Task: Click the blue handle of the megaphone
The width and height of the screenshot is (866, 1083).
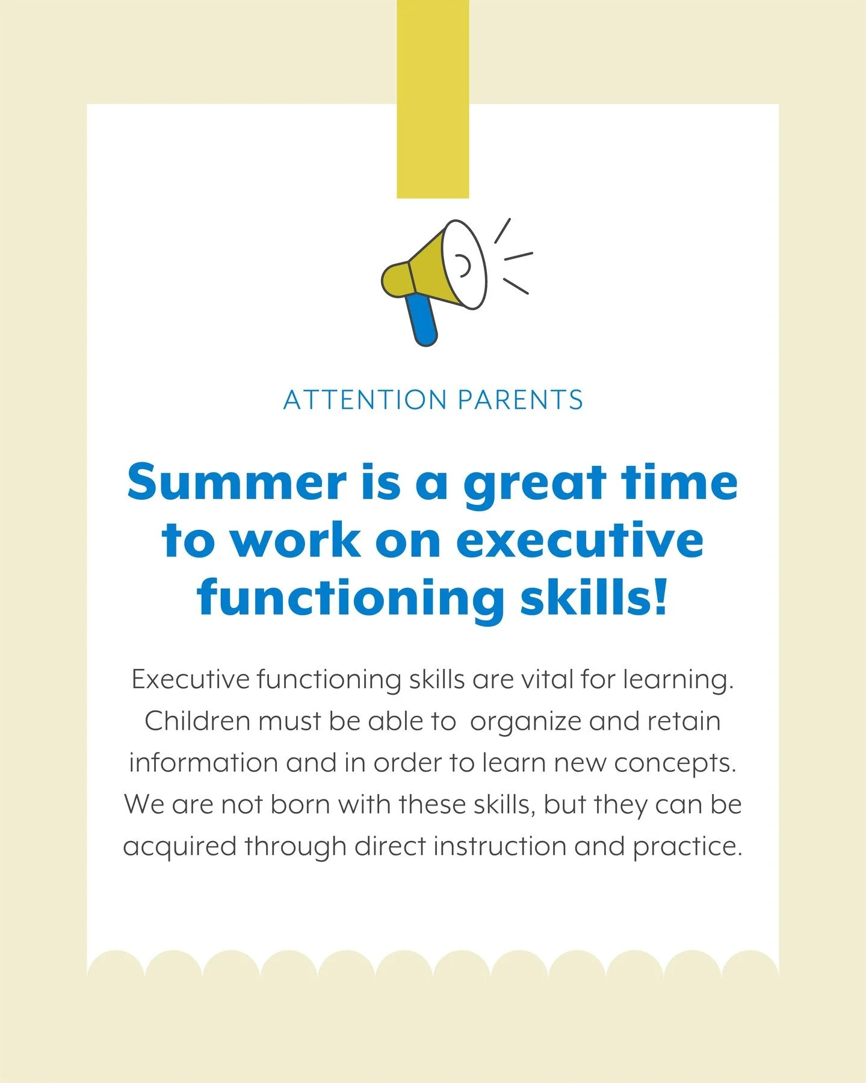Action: (x=421, y=319)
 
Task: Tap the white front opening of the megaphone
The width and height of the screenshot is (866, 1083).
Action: (x=465, y=265)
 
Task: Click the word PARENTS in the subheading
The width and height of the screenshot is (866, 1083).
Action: (x=520, y=400)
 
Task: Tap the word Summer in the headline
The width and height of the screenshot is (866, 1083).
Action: (x=237, y=483)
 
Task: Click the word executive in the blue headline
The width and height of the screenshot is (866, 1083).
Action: (x=580, y=540)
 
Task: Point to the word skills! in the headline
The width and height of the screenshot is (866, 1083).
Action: (x=595, y=597)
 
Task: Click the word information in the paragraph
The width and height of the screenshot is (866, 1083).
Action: (x=202, y=763)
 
